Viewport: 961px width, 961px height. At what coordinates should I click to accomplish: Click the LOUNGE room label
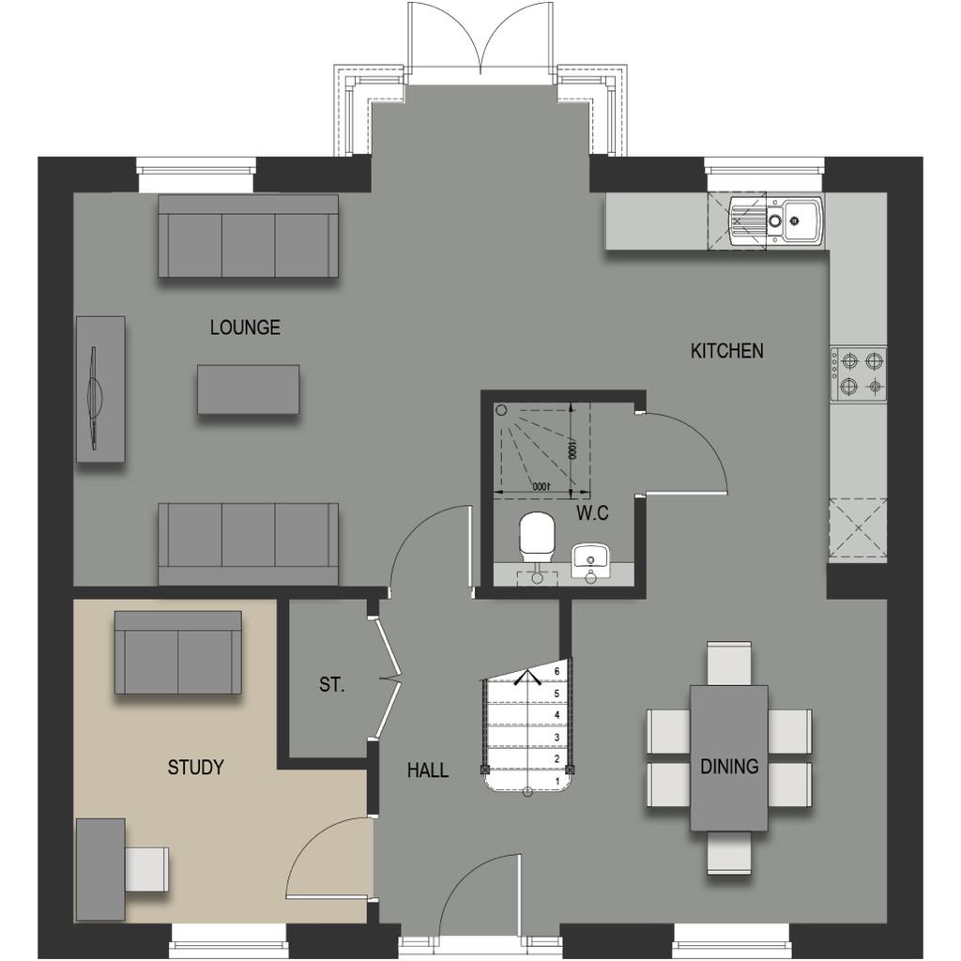[245, 328]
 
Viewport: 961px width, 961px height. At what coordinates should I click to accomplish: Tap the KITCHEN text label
[727, 351]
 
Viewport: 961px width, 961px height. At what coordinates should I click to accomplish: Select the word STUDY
[195, 767]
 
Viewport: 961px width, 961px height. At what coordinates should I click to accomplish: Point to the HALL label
[428, 770]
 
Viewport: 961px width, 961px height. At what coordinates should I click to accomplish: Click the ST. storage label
[331, 684]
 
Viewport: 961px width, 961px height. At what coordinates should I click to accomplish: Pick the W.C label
[593, 513]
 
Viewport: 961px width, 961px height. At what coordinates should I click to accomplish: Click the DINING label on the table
[729, 766]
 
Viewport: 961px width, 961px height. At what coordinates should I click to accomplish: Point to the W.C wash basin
[590, 561]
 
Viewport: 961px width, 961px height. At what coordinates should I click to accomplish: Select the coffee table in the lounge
[248, 389]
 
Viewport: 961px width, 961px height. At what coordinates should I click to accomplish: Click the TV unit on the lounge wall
[100, 389]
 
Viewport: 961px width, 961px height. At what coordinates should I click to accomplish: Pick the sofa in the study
[177, 653]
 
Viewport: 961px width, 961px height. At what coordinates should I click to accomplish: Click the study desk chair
[146, 868]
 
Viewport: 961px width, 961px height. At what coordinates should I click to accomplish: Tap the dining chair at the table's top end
[728, 664]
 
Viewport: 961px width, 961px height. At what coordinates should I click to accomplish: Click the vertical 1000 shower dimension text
[572, 449]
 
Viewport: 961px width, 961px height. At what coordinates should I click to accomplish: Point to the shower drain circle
[502, 409]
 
